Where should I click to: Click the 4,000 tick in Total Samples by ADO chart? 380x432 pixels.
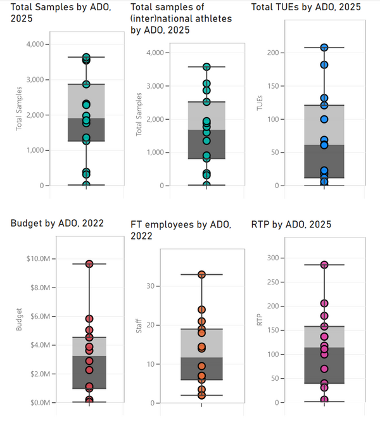point(41,44)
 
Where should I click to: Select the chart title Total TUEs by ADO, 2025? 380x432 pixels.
point(306,7)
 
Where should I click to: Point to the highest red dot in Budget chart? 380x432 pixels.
point(89,264)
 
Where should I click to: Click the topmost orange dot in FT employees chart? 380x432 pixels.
point(201,274)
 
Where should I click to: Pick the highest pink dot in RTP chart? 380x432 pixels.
point(324,265)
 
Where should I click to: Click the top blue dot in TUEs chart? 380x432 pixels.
point(324,48)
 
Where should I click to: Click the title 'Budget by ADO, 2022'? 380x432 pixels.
point(57,223)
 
